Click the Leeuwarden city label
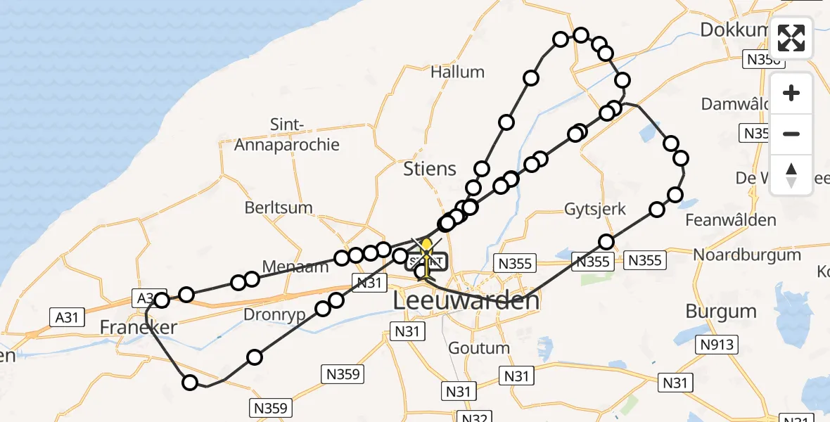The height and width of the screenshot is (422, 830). [466, 301]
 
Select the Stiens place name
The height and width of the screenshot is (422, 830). [429, 169]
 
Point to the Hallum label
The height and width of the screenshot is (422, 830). [457, 72]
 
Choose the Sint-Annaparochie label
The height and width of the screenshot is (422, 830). [286, 135]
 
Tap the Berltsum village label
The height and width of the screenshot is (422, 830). [279, 208]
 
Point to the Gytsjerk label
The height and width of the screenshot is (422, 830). [595, 210]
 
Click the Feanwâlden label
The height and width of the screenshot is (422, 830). [731, 219]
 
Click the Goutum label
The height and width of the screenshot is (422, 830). [478, 348]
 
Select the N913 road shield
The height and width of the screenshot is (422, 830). [717, 345]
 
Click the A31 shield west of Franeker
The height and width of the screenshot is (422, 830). [67, 317]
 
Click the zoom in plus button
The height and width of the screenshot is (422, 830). [791, 94]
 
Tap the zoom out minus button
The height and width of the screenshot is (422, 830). [791, 134]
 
